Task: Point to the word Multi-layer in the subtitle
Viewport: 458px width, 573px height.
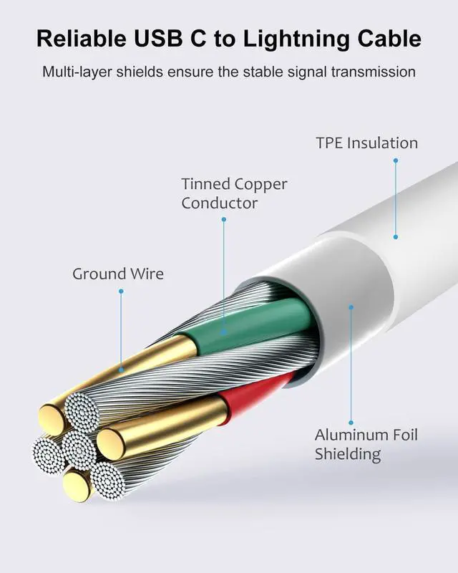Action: click(77, 72)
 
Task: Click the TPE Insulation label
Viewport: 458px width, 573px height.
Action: click(367, 143)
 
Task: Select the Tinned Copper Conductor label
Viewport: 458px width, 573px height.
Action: click(224, 193)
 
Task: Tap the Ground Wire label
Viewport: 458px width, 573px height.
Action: click(118, 274)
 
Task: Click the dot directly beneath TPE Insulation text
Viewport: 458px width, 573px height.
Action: click(395, 160)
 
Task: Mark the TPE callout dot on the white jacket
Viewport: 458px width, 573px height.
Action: click(395, 236)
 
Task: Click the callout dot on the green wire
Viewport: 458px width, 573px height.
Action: click(224, 332)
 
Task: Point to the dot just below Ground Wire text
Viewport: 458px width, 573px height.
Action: click(121, 291)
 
